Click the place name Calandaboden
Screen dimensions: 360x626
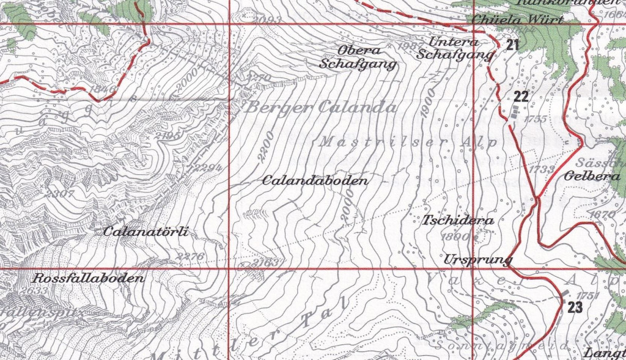click(x=315, y=181)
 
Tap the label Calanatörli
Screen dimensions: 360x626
click(x=145, y=232)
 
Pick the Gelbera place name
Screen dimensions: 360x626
click(x=589, y=176)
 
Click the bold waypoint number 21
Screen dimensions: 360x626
click(x=512, y=45)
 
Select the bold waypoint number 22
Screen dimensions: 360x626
click(x=520, y=96)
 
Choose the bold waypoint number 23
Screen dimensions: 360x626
click(x=575, y=307)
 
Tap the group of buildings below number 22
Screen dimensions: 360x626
click(x=516, y=112)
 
